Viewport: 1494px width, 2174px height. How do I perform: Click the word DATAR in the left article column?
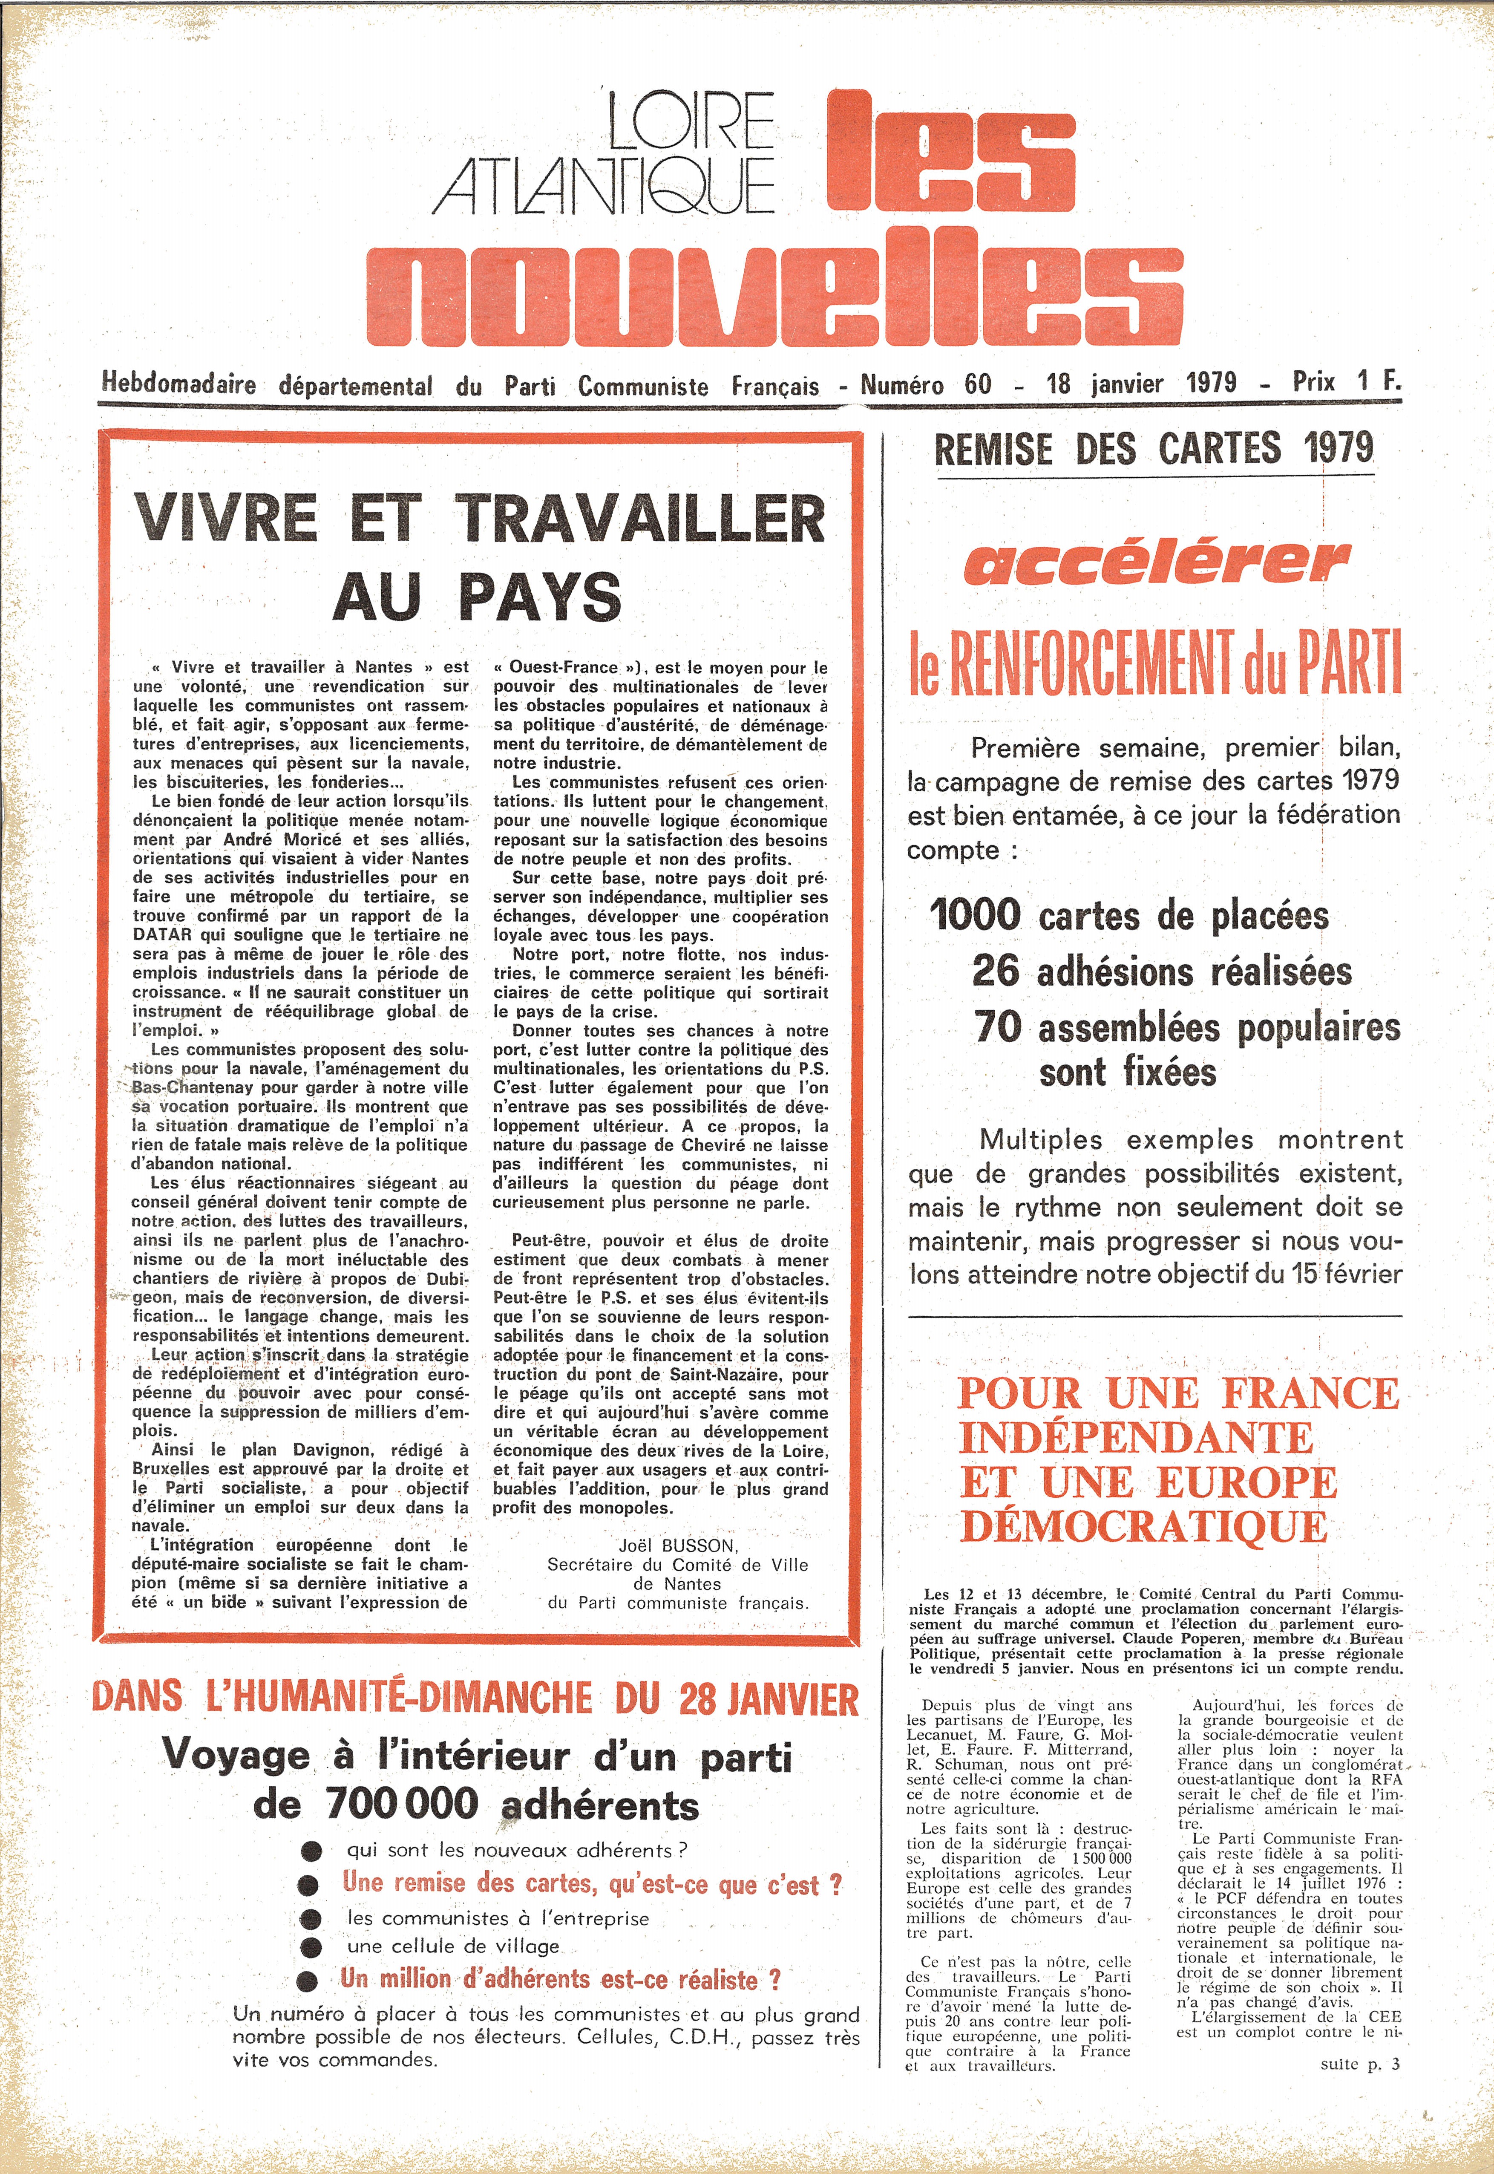click(x=162, y=934)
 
